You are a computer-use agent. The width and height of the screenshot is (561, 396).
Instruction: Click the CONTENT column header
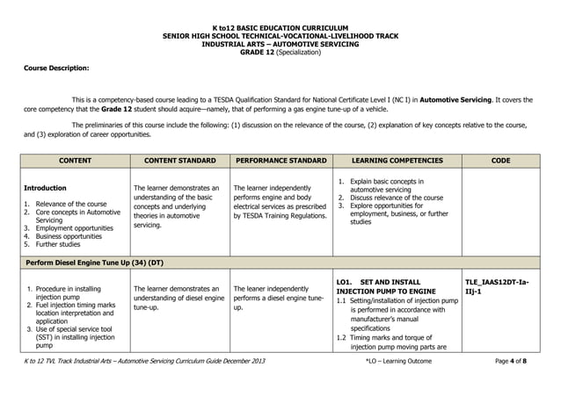(74, 162)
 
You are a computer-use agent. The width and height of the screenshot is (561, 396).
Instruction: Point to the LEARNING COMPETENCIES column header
(397, 162)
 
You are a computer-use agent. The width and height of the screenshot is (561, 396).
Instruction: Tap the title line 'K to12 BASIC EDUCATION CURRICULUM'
(280, 28)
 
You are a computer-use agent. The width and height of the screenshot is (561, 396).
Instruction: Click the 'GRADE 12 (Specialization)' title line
(280, 53)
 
